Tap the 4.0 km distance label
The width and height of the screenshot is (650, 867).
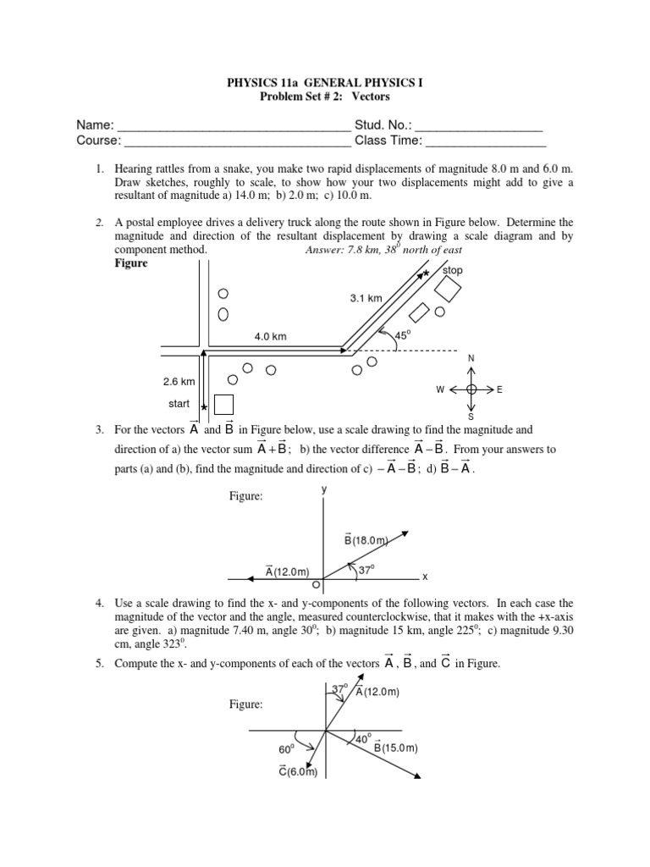pos(271,336)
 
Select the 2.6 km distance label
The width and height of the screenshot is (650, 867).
pos(180,381)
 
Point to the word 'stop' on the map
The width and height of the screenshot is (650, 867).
pos(454,271)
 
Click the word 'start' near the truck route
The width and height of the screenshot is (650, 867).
pos(179,404)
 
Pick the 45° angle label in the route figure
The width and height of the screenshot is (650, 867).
pos(402,334)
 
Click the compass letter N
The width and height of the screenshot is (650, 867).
pos(471,359)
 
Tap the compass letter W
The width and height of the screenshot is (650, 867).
pos(440,389)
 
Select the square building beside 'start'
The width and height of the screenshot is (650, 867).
pos(223,405)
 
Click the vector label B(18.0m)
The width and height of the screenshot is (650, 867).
pos(366,540)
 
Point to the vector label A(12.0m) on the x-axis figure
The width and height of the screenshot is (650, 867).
pos(287,572)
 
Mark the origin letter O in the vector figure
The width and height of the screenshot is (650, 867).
pos(316,584)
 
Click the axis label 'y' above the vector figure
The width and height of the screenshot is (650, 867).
pos(323,489)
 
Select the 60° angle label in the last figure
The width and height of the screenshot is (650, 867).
pos(285,749)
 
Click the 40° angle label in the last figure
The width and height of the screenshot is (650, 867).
pos(363,738)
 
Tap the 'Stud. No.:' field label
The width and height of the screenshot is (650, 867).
pos(385,125)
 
